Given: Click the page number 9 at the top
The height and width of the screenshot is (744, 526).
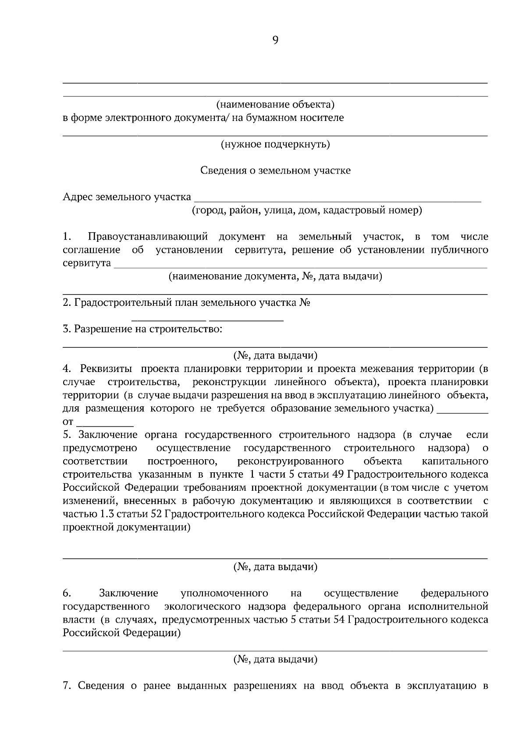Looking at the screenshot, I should [275, 40].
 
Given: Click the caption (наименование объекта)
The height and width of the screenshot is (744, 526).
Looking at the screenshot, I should [275, 105].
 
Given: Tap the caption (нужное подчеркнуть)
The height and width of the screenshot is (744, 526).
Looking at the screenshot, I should [275, 144].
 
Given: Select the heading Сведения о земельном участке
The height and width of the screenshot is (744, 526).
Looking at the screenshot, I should [275, 170].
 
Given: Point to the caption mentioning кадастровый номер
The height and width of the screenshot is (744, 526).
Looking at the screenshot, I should [307, 210].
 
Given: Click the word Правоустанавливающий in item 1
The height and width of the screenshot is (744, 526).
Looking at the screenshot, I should [148, 237].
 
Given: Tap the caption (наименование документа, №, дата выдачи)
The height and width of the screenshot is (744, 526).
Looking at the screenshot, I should [275, 276].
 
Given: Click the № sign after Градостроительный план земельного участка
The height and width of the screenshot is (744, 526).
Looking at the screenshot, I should [305, 303].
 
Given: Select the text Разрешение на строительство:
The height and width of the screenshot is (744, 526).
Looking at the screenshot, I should [148, 329].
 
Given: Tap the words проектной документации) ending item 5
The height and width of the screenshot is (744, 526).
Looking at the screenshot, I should [127, 528].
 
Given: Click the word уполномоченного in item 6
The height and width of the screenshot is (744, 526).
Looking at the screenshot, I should [224, 593].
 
